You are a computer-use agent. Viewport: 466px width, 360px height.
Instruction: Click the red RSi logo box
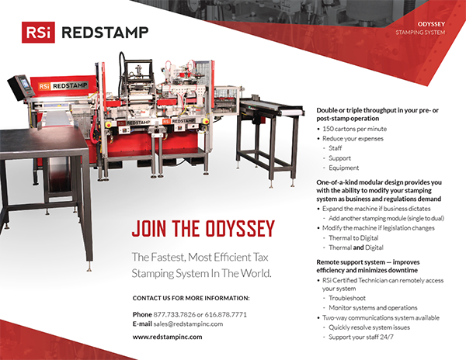(38, 33)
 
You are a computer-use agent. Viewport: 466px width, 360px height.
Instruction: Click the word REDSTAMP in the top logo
(105, 33)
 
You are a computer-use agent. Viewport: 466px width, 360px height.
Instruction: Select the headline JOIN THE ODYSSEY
(203, 229)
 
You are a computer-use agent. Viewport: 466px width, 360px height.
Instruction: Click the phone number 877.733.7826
(175, 314)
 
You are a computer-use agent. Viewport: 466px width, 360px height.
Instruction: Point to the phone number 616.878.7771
(225, 314)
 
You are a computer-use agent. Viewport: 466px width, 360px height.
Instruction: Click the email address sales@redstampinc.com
(188, 324)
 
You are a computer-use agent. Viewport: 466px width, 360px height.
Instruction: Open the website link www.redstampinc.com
(167, 337)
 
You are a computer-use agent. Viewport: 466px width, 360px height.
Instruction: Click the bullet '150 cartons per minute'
(355, 129)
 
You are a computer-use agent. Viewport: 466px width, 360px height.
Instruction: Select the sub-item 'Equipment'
(344, 168)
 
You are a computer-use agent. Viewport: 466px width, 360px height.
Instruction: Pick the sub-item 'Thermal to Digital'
(353, 237)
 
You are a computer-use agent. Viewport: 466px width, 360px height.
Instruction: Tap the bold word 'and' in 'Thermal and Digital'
(358, 247)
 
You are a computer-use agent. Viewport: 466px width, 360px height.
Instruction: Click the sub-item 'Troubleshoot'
(347, 298)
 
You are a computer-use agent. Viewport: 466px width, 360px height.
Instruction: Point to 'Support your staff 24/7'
(361, 337)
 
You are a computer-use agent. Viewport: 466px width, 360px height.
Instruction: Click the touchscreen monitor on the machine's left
(22, 86)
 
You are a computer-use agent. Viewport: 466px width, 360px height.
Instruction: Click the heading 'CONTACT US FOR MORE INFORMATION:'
(191, 298)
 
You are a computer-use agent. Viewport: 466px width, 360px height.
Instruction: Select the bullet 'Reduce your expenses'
(353, 139)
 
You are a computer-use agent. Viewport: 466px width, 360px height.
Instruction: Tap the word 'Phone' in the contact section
(142, 314)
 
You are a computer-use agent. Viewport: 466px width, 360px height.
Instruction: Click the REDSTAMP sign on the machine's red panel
(63, 86)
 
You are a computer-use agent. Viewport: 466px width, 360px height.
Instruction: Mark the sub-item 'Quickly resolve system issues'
(369, 327)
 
